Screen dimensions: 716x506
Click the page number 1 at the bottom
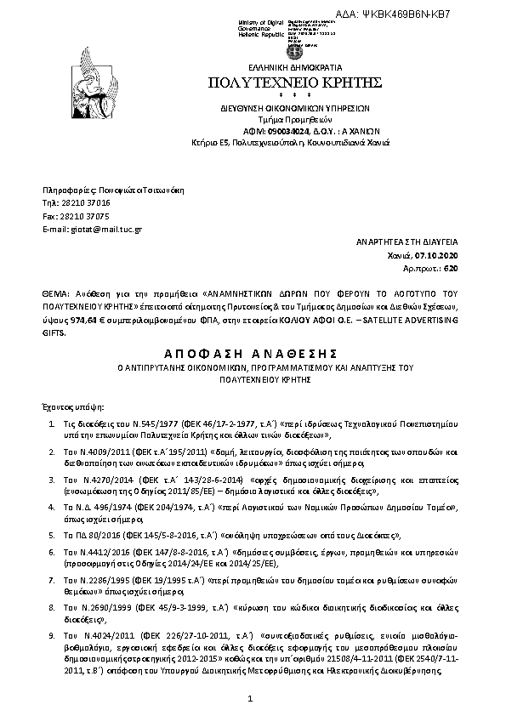coord(252,698)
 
